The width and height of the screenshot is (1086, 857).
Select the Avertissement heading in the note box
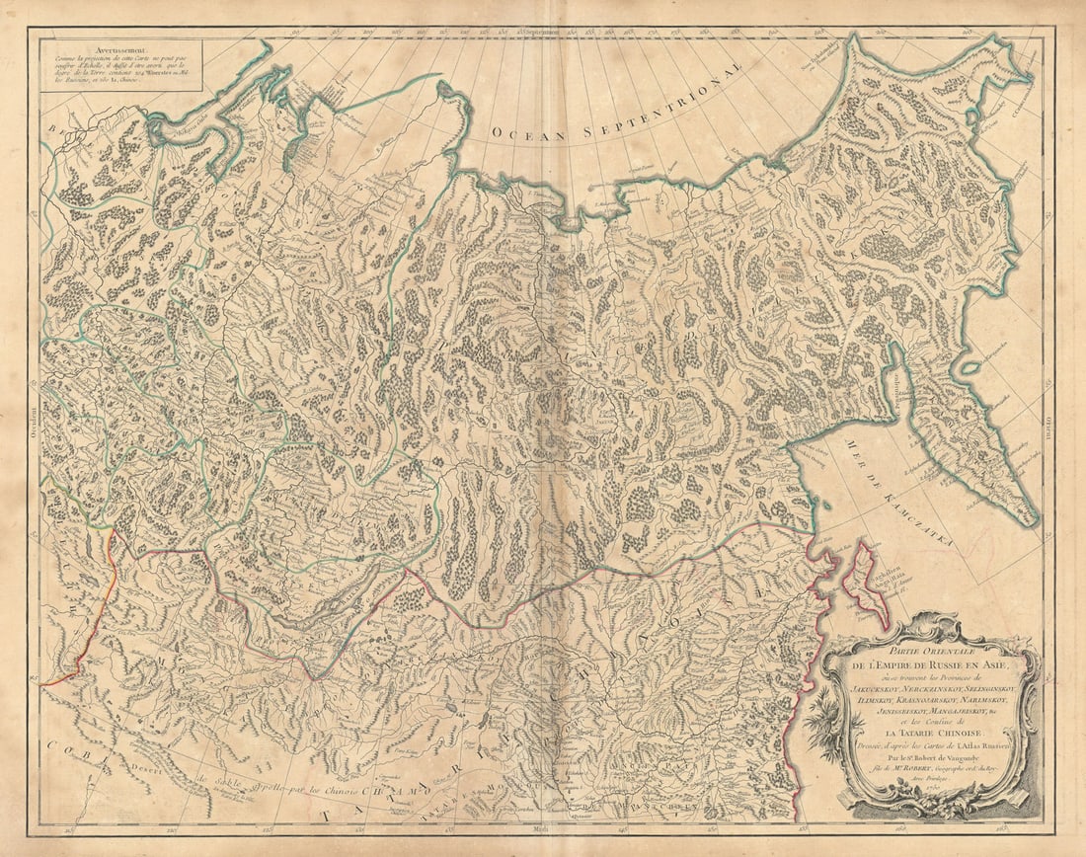click(x=85, y=46)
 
